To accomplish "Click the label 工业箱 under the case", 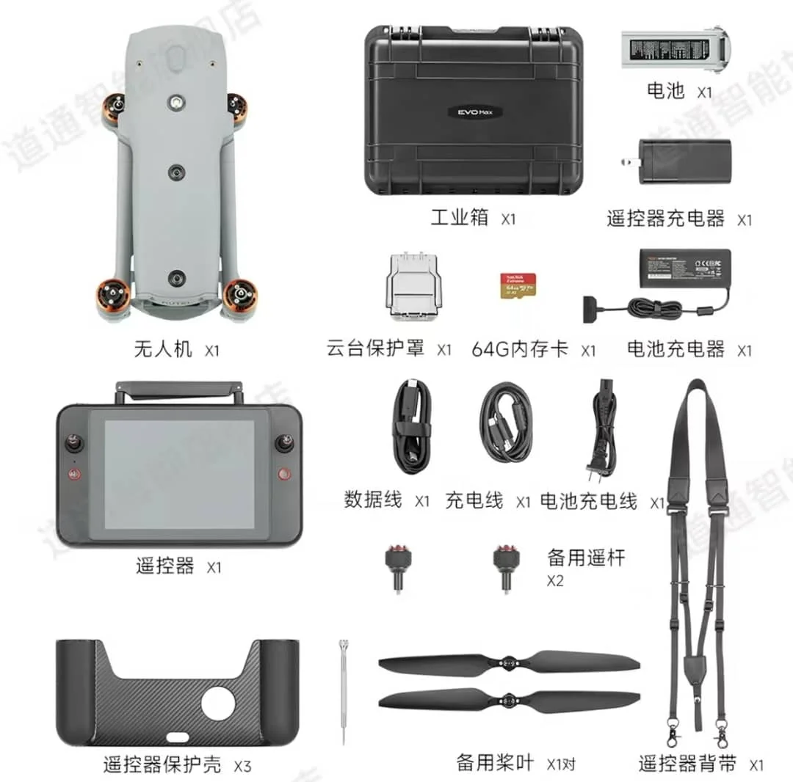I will pyautogui.click(x=459, y=218).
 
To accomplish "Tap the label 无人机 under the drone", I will pyautogui.click(x=163, y=348).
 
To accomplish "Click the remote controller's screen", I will pyautogui.click(x=179, y=475).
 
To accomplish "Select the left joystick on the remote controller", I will pyautogui.click(x=74, y=443).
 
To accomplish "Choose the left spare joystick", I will pyautogui.click(x=397, y=567).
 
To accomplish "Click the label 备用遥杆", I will pyautogui.click(x=586, y=558).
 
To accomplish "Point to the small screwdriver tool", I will pyautogui.click(x=342, y=690).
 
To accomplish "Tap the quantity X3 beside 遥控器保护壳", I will pyautogui.click(x=242, y=767).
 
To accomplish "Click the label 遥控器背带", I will pyautogui.click(x=687, y=764).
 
